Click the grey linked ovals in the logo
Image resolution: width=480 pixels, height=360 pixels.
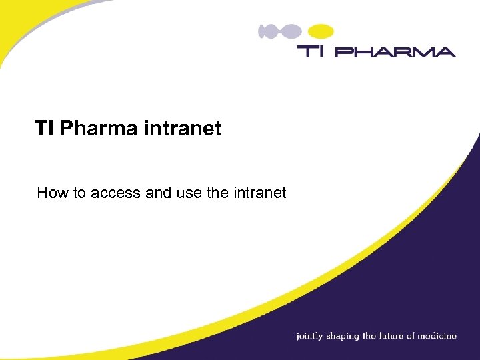[x=279, y=31]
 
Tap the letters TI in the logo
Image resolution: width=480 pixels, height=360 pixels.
[x=310, y=51]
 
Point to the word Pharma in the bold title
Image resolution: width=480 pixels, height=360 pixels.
[x=98, y=128]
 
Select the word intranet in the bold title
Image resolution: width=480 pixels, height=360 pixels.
[x=182, y=128]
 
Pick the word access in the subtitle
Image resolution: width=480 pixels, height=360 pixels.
[x=113, y=193]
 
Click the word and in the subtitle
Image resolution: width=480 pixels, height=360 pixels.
[x=157, y=193]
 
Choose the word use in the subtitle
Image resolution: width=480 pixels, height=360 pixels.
[x=189, y=193]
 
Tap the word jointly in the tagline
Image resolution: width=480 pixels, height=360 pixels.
[x=309, y=336]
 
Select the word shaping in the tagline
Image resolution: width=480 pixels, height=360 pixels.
[x=343, y=336]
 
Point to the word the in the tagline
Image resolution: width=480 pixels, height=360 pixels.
[x=369, y=336]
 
